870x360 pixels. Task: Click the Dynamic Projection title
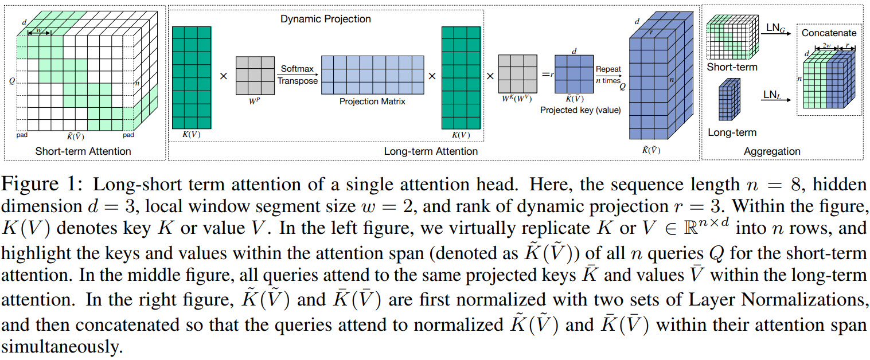click(325, 19)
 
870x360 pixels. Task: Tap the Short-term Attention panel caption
click(83, 151)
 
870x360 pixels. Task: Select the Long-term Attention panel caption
click(431, 151)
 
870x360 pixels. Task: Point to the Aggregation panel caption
click(771, 151)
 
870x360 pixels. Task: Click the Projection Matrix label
click(372, 101)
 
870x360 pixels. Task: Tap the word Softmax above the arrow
click(297, 69)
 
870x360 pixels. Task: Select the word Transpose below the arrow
click(297, 81)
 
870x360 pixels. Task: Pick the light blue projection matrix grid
click(372, 75)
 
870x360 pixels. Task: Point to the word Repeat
click(608, 69)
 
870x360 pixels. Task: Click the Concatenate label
click(829, 33)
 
